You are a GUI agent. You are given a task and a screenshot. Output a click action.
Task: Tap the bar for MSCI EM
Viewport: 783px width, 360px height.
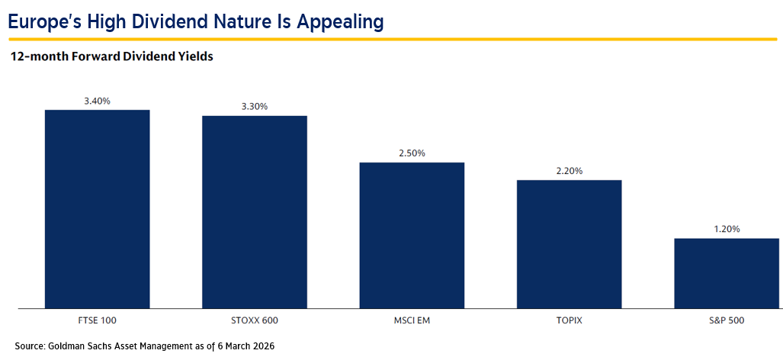pyautogui.click(x=412, y=235)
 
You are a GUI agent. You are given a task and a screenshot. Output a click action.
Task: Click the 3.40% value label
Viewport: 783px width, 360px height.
pyautogui.click(x=97, y=101)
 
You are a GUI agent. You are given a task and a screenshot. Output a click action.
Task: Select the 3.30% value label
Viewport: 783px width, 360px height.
pyautogui.click(x=254, y=107)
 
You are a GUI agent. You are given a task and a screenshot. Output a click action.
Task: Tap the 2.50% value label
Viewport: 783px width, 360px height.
pyautogui.click(x=412, y=153)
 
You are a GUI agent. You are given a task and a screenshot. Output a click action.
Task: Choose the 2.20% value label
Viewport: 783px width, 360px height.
pyautogui.click(x=569, y=171)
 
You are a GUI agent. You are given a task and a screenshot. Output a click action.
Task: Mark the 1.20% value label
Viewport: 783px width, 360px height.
pyautogui.click(x=727, y=229)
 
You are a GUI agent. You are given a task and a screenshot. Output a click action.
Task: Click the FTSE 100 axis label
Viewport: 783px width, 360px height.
pyautogui.click(x=97, y=320)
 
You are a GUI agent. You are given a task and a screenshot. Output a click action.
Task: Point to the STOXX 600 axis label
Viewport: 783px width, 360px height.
pyautogui.click(x=254, y=320)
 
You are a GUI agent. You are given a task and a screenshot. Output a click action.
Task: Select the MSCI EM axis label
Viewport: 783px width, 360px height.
pyautogui.click(x=412, y=320)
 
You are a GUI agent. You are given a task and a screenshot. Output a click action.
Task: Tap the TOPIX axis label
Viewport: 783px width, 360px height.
pyautogui.click(x=569, y=320)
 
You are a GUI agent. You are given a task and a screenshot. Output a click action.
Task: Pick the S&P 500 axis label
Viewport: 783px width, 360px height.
pyautogui.click(x=727, y=320)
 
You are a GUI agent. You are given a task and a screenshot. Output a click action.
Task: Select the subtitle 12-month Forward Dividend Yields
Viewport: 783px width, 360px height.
pyautogui.click(x=111, y=56)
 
